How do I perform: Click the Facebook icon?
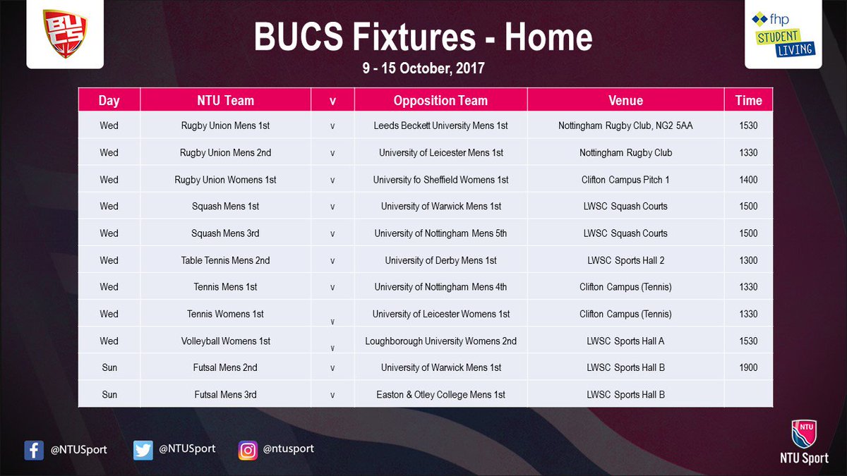(34, 450)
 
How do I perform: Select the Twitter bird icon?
(143, 449)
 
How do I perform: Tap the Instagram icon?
(248, 449)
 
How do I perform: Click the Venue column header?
(625, 100)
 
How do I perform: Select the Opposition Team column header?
(440, 100)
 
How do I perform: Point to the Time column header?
(748, 100)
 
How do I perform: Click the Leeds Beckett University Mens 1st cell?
(440, 126)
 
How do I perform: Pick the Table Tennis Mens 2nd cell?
(225, 260)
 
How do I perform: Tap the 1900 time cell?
(748, 367)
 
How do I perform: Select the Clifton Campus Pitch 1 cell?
(625, 180)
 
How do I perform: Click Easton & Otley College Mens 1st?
(440, 394)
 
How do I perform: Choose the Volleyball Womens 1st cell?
(225, 341)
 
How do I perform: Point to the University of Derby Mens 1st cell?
(440, 260)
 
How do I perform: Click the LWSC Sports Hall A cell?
(625, 341)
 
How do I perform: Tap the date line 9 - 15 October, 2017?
(423, 70)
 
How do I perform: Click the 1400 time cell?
(748, 180)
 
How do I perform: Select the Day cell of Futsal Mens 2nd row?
(109, 367)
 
